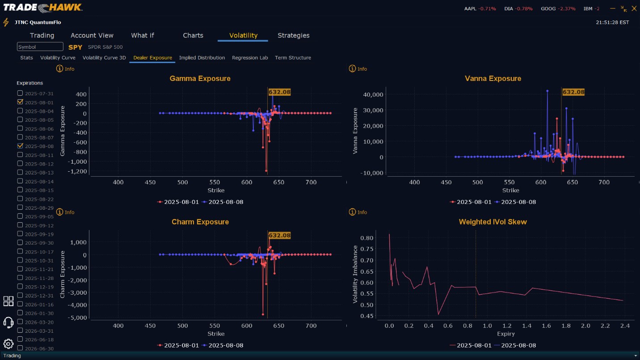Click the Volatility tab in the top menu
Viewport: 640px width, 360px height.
click(243, 35)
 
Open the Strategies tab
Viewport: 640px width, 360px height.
click(293, 35)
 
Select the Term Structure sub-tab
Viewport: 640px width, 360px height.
click(293, 58)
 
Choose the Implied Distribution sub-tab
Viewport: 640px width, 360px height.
click(202, 58)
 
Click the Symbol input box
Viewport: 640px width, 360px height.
click(40, 47)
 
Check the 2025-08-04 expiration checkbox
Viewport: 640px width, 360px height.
click(20, 111)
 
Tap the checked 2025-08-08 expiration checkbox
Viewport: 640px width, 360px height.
click(20, 146)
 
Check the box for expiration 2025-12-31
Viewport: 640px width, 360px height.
click(20, 296)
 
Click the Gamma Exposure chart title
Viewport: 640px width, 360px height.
click(200, 79)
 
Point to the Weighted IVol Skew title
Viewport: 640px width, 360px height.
click(493, 222)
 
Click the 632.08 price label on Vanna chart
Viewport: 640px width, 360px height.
click(573, 92)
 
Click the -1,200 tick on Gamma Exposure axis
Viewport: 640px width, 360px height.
click(78, 171)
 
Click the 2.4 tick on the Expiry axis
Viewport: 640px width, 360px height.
click(625, 326)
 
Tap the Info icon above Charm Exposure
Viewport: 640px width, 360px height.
click(59, 212)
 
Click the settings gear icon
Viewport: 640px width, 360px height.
click(8, 343)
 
